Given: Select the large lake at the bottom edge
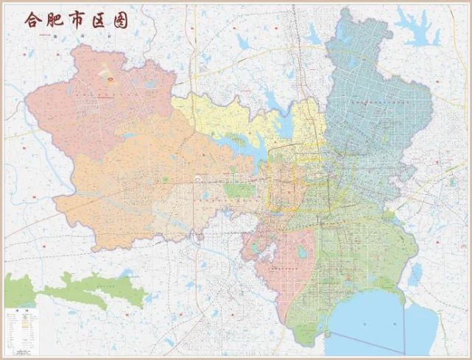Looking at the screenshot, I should click(368, 324).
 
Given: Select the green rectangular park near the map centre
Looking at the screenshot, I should click(238, 190).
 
